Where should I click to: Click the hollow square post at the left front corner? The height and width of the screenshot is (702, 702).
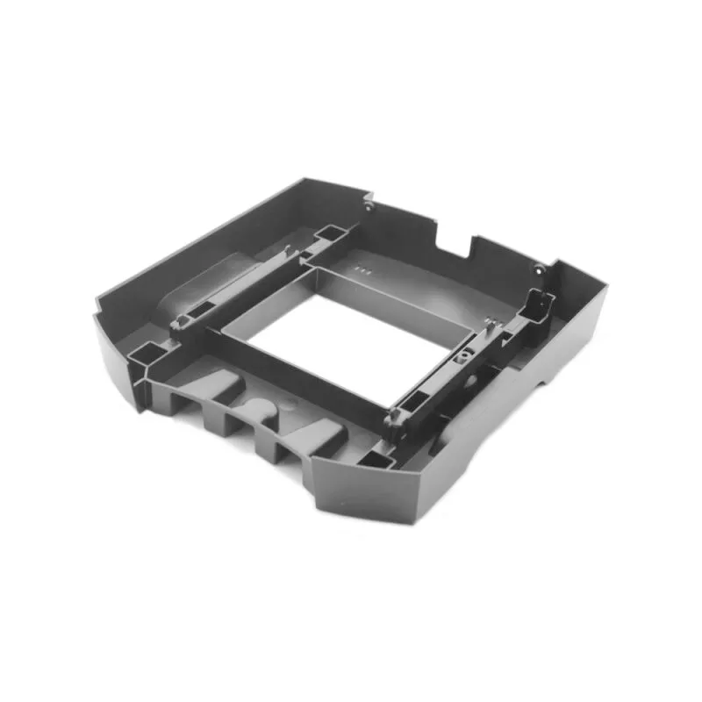(142, 355)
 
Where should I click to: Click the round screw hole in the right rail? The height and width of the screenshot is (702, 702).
(458, 359)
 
